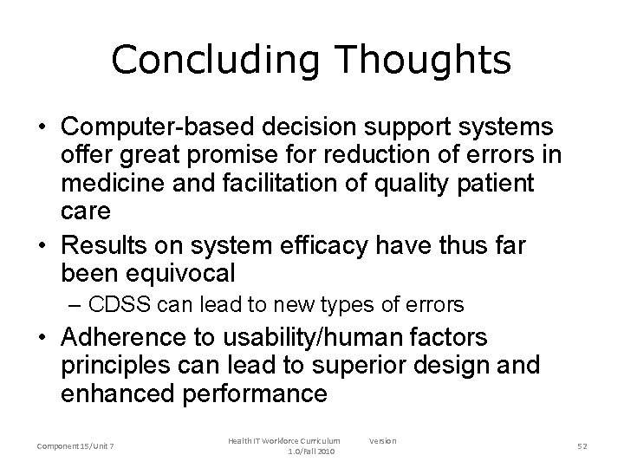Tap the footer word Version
[382, 440]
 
